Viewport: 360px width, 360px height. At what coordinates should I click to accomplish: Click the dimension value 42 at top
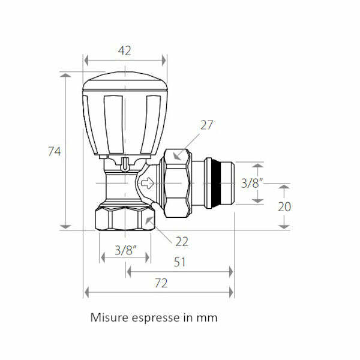(x=125, y=51)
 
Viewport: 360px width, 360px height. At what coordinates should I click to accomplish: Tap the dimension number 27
(x=207, y=125)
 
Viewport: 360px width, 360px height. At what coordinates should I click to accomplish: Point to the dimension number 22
(x=182, y=241)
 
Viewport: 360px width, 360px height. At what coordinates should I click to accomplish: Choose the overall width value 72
(x=161, y=283)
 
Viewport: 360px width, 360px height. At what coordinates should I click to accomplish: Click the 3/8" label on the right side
(x=252, y=183)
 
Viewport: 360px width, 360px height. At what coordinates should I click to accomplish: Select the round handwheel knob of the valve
(x=124, y=114)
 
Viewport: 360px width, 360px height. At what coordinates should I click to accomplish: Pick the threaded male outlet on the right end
(x=219, y=182)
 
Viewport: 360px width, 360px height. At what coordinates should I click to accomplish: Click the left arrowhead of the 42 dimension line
(x=86, y=60)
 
